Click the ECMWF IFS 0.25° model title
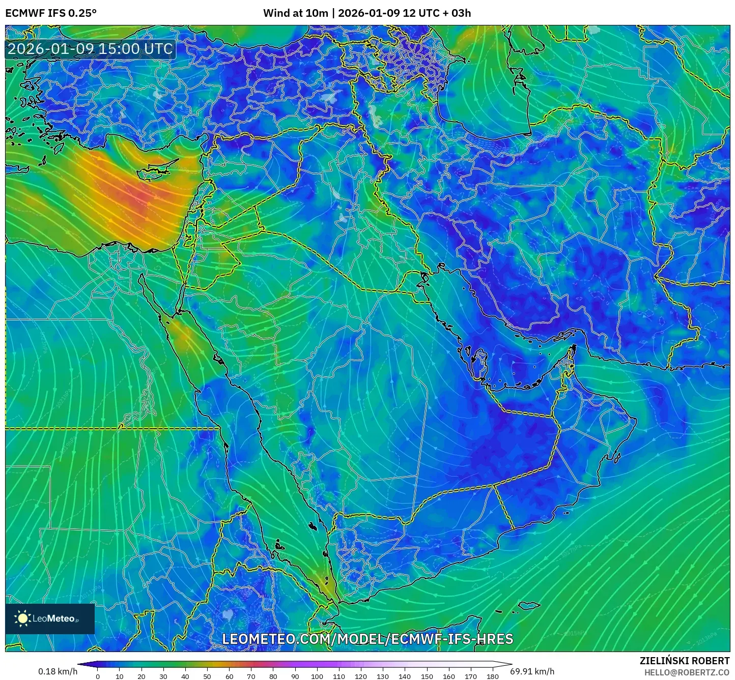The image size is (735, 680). pos(51,13)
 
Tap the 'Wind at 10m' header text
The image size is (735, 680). pos(295,13)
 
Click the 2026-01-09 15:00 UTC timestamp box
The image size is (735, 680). pos(90,49)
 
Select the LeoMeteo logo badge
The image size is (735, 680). pos(50,618)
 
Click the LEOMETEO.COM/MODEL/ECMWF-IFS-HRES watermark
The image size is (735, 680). pos(367,639)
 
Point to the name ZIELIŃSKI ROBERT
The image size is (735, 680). pos(685,661)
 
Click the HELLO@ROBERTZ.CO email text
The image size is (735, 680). pos(687,672)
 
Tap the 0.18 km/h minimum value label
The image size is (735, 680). pos(58,671)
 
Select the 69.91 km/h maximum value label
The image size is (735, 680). pos(532,671)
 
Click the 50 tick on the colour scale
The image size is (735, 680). pos(207,676)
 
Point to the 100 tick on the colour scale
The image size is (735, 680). pos(317,676)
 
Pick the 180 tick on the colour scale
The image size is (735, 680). pos(492,676)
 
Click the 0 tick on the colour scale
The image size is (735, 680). pos(98,676)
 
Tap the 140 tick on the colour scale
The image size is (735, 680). pos(405,676)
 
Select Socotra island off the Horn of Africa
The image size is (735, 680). pos(529,605)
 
